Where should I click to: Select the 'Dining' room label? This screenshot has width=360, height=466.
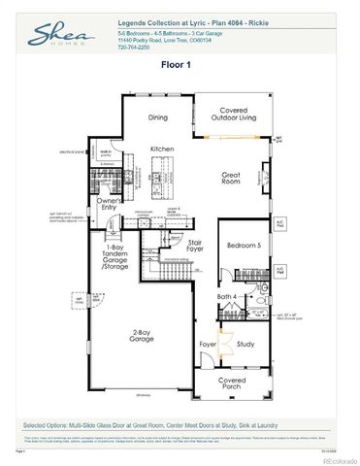(x=158, y=117)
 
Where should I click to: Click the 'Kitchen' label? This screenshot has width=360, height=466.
(x=161, y=149)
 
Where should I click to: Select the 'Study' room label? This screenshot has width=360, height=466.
(x=245, y=343)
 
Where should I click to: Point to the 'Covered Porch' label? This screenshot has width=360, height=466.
(x=231, y=383)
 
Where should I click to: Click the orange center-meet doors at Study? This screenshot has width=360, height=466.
(x=225, y=343)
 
